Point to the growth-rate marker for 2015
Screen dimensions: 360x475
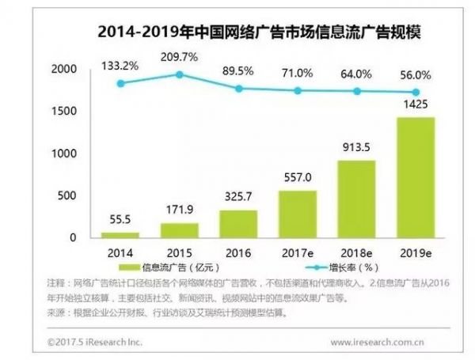[180, 74]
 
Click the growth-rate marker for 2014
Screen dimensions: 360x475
[120, 83]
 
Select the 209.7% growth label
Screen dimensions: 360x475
[180, 58]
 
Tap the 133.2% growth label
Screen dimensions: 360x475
[120, 63]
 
